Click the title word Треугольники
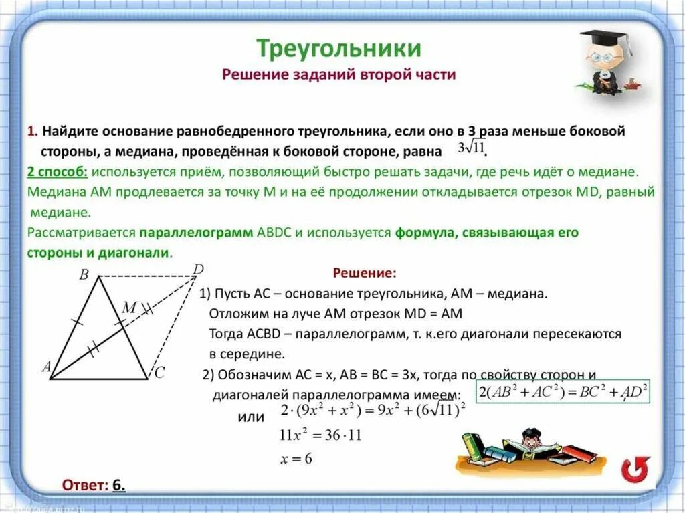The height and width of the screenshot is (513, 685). coord(338,48)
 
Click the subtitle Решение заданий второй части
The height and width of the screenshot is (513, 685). coord(338,74)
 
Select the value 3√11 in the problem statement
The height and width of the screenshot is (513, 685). coord(472,147)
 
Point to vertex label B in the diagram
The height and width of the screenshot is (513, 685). coord(84,274)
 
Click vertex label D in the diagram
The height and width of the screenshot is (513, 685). coord(198,270)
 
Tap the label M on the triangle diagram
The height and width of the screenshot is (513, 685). coord(129,308)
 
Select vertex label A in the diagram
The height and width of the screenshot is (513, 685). coord(46,367)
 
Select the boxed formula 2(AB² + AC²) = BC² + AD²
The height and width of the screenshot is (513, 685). coord(563,392)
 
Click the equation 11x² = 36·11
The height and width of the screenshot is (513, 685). coord(320,435)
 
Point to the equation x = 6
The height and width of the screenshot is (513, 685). coord(296,459)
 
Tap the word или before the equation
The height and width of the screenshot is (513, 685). coord(251,417)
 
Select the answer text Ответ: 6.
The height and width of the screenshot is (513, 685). coord(94,485)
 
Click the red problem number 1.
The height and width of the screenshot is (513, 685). coord(31,130)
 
